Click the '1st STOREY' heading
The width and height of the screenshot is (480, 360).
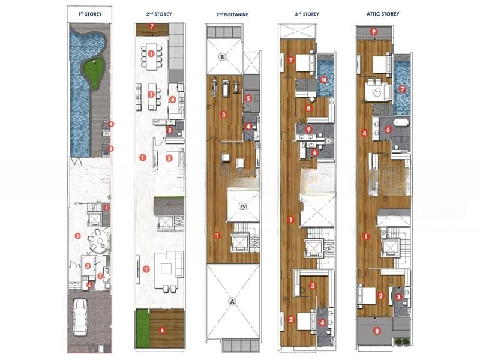(90, 14)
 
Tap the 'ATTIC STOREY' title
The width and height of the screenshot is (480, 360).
(383, 14)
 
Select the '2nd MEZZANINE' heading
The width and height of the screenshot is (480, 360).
(232, 14)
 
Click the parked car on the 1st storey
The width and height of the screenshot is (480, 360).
(80, 317)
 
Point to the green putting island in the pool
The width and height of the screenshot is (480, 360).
(94, 73)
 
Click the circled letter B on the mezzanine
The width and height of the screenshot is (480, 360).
(223, 57)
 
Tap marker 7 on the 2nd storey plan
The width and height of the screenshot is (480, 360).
(152, 26)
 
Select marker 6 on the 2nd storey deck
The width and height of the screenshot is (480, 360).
(162, 331)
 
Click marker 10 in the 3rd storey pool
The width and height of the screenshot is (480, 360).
(323, 80)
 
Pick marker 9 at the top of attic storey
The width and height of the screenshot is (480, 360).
(373, 32)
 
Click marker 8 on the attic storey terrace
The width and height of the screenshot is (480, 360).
(377, 331)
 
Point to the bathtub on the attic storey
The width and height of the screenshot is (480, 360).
(401, 123)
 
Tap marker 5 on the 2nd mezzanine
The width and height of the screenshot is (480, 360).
(248, 98)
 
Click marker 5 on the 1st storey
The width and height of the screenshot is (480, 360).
(106, 208)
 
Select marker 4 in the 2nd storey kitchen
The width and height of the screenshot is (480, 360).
(173, 100)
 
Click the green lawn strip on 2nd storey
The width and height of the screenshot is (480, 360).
(142, 328)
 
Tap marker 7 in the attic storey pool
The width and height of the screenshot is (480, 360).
(402, 89)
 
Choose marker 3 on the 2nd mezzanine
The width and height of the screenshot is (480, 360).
(224, 115)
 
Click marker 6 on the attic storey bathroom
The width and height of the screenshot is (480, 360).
(388, 130)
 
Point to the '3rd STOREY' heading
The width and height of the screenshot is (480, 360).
(307, 14)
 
